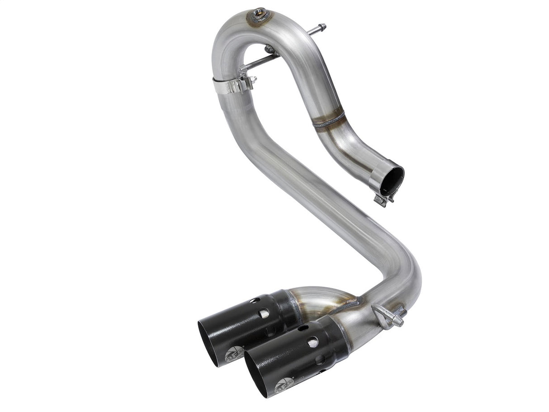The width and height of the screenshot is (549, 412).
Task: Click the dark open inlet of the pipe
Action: point(392,177)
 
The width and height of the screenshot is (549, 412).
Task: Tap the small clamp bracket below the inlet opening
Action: point(381,199)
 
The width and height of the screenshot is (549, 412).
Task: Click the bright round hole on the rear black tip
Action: point(264,313)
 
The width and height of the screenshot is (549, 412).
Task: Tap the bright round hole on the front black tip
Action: point(312,342)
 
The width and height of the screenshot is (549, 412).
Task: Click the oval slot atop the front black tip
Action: point(303,327)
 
